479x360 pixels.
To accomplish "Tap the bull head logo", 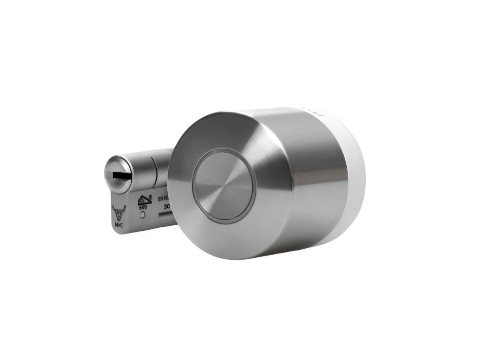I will (x=119, y=212).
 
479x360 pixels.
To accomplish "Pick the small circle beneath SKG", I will (x=142, y=214).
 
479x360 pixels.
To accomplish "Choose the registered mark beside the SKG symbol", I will (x=150, y=196).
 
